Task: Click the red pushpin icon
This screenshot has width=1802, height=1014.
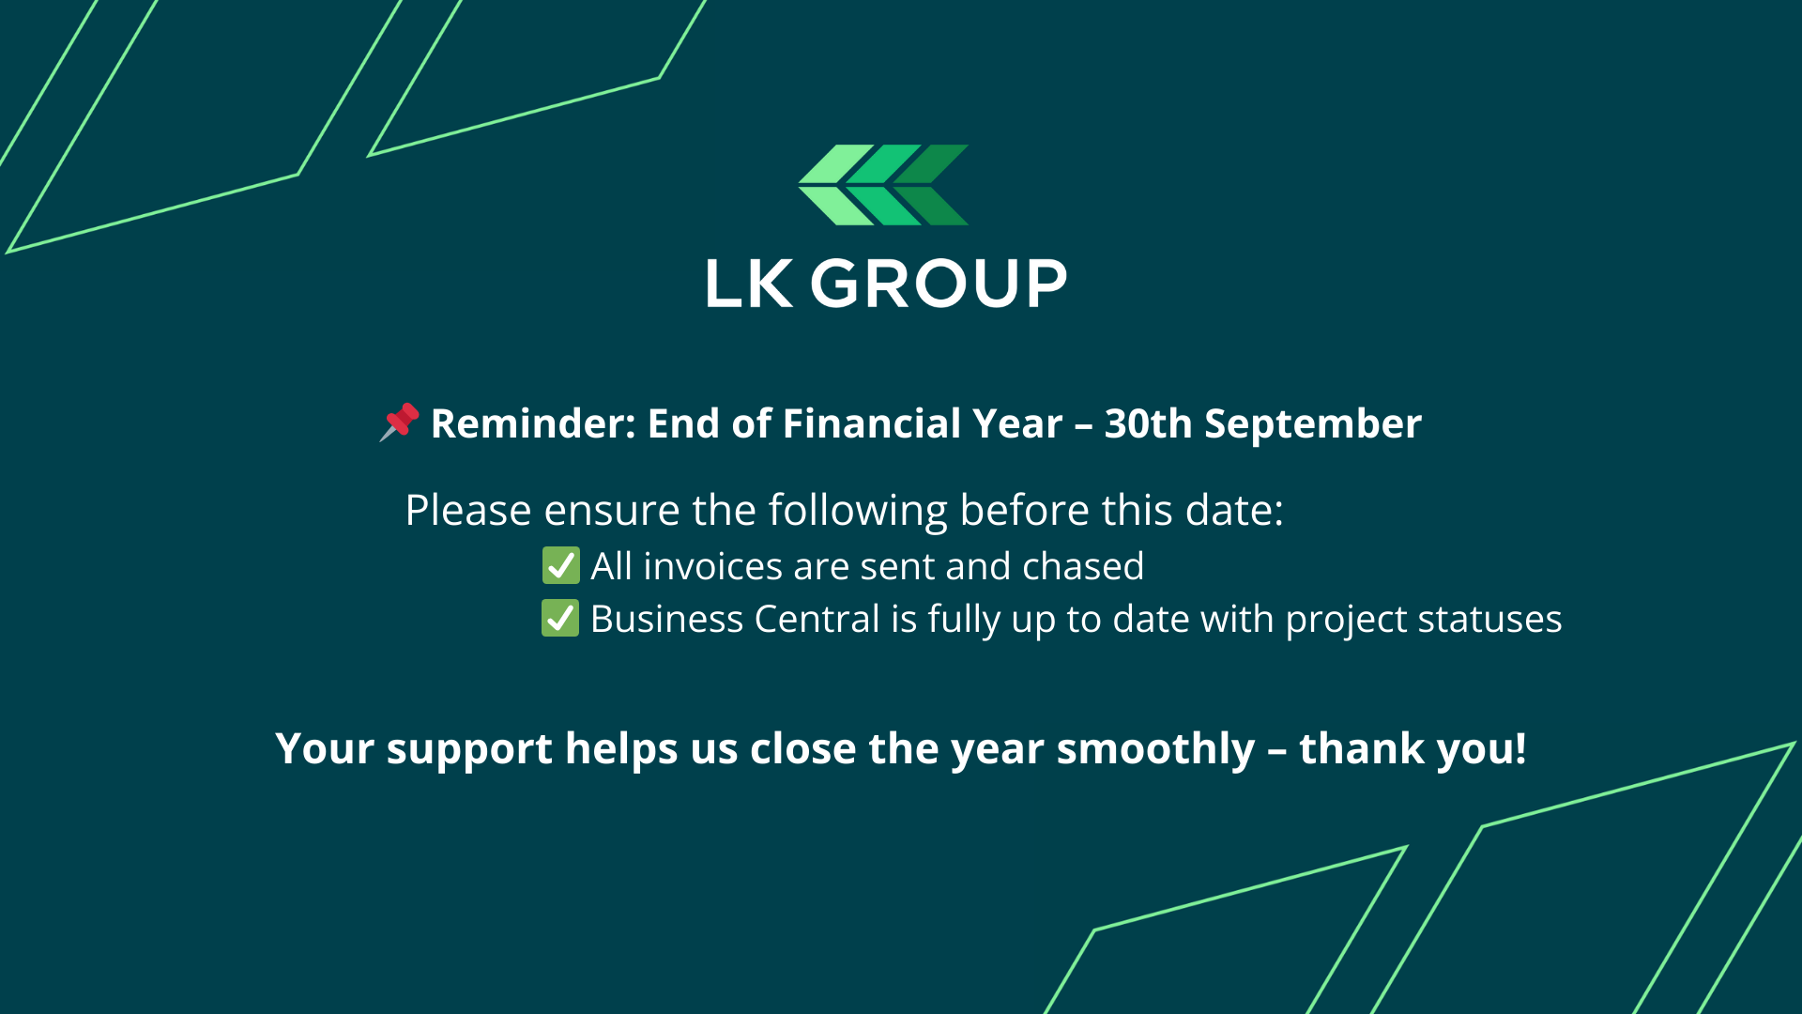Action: [400, 422]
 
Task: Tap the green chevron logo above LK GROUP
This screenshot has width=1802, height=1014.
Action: [883, 185]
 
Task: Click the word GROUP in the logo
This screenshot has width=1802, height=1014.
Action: [939, 284]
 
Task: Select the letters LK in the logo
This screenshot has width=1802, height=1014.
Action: [749, 284]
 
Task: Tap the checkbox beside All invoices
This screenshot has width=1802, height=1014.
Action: [560, 566]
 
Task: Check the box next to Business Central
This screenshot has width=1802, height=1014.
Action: [560, 619]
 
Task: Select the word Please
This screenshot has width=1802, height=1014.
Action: [468, 511]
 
